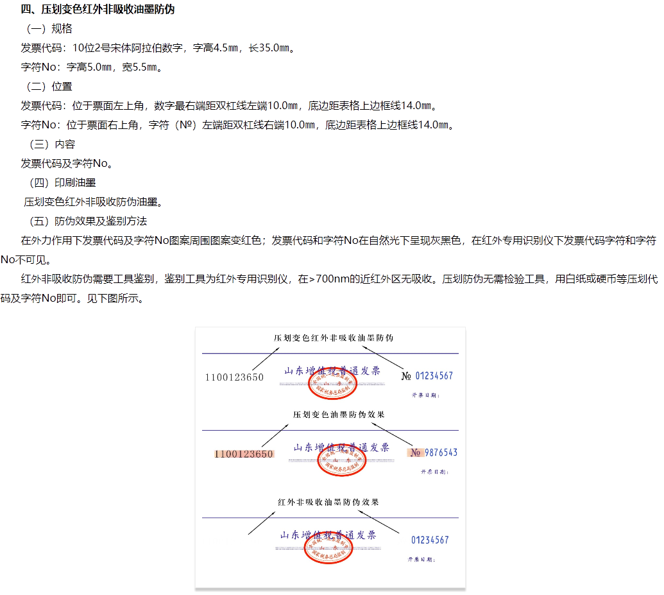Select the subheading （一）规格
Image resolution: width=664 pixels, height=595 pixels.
[49, 28]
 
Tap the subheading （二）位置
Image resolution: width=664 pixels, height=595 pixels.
[49, 86]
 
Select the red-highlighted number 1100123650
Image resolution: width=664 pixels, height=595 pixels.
[244, 454]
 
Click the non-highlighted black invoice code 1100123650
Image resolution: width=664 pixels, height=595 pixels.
[234, 377]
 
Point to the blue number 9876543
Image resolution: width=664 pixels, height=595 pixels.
[441, 453]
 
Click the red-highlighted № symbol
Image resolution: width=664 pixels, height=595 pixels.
[415, 453]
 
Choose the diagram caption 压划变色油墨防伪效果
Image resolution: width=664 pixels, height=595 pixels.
[339, 415]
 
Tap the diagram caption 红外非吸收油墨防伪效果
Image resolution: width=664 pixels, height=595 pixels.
[328, 501]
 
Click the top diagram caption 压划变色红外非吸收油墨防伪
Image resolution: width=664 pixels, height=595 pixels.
[334, 337]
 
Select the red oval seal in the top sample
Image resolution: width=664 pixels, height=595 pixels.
[332, 384]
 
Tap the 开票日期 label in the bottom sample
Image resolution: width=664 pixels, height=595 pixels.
[421, 559]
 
